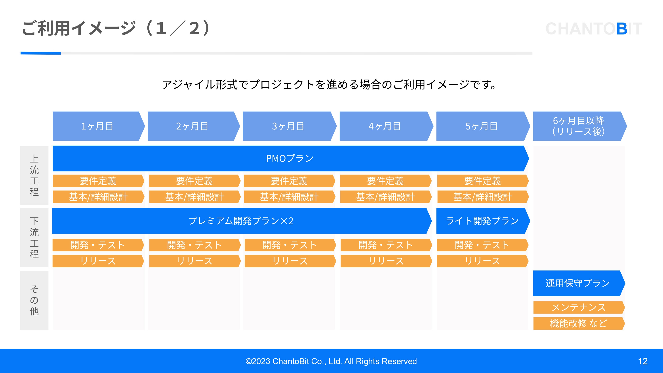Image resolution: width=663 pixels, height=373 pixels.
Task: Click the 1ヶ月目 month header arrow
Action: [98, 126]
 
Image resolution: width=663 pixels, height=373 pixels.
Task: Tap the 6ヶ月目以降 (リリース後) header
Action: [579, 126]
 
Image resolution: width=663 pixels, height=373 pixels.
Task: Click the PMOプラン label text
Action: [290, 158]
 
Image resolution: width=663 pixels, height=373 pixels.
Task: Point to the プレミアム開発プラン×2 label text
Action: [241, 221]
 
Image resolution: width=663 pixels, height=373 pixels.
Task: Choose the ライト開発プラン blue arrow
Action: [482, 221]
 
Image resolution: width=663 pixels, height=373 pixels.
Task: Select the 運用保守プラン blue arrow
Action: [578, 283]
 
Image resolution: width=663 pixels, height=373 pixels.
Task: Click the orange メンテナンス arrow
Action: [579, 307]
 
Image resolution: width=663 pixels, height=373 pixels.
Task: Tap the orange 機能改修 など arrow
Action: [579, 323]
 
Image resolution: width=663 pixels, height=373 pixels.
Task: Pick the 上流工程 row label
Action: [34, 175]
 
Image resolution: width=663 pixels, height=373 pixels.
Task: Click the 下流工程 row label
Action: [34, 238]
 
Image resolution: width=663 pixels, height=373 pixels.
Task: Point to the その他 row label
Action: [34, 300]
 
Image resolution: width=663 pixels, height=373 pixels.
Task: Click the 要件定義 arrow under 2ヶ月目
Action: [194, 181]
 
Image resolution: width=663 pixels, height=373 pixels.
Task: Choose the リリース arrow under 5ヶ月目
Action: [482, 261]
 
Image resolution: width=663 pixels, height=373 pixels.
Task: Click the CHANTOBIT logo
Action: [594, 29]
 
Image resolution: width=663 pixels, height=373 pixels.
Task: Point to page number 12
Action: [643, 361]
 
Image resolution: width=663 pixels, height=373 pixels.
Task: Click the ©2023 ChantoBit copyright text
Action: [331, 361]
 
